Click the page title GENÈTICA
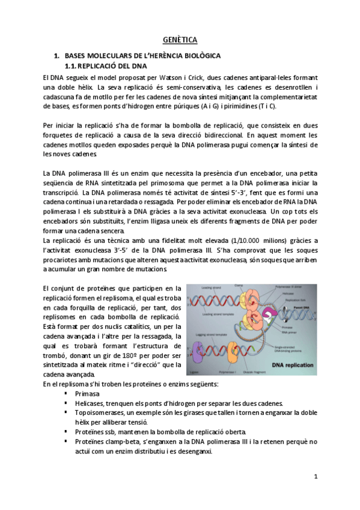coord(180,40)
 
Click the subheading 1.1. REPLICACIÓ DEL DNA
coord(105,66)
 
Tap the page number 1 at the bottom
coord(316,476)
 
